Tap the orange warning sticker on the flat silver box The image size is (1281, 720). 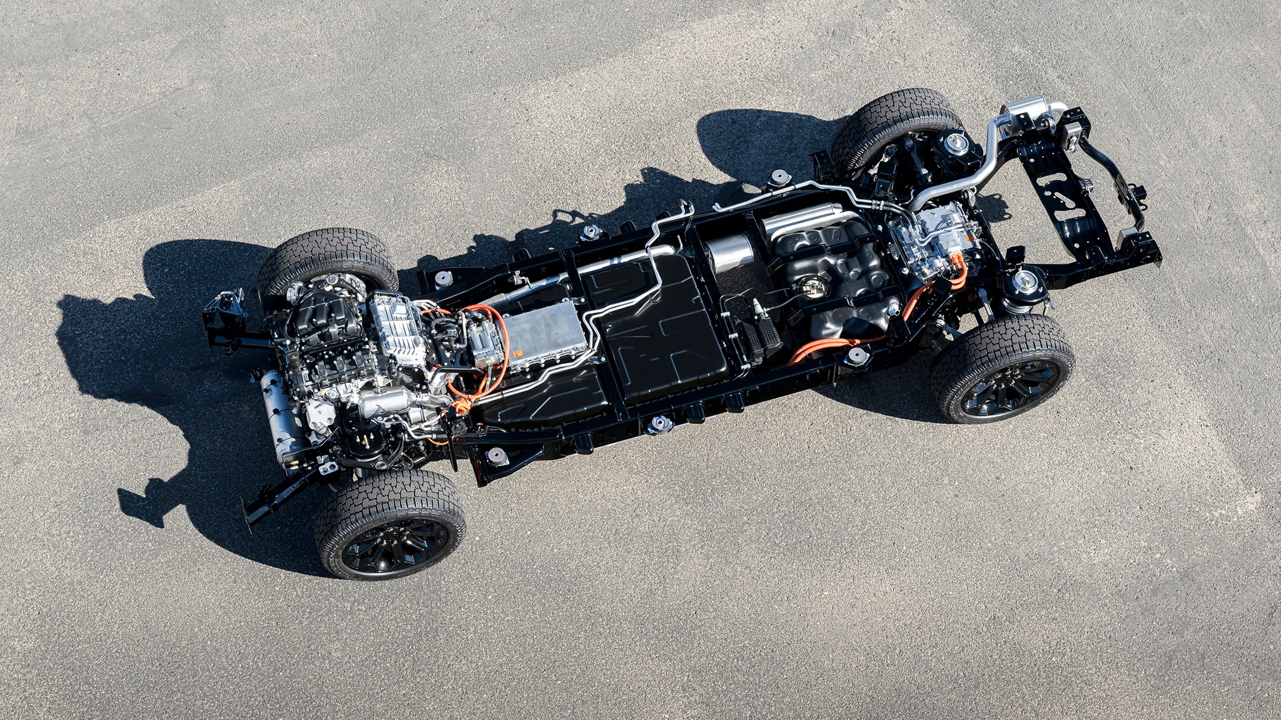click(x=518, y=354)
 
